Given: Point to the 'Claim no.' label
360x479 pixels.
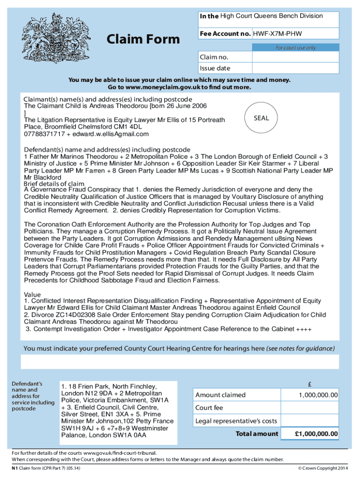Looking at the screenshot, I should pos(215,57).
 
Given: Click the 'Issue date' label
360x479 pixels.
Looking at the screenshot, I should pos(215,68).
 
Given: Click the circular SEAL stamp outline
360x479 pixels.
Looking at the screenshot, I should pos(261,118).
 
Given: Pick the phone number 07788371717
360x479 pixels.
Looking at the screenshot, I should pos(45,134).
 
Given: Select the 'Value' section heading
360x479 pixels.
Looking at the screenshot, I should pos(32,295).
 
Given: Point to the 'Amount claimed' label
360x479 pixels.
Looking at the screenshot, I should pos(220,395).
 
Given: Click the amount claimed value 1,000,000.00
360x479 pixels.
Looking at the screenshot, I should pos(318,395).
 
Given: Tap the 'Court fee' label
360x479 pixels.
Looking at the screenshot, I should pos(209,408).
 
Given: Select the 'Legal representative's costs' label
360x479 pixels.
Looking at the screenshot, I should pos(236,421).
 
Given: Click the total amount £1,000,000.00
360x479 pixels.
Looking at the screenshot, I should pos(316,434).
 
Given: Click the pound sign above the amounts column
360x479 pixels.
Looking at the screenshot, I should pos(310,385).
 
